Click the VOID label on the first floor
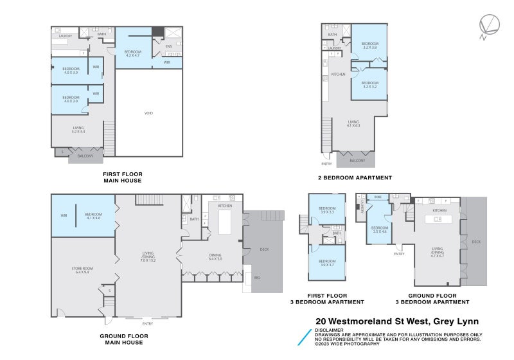148,113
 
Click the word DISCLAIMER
329,330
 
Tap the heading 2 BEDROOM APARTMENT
355,177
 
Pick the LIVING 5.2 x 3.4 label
78,129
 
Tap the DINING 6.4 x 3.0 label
215,256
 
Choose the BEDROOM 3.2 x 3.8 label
369,46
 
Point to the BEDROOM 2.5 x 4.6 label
380,229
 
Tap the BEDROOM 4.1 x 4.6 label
94,216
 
